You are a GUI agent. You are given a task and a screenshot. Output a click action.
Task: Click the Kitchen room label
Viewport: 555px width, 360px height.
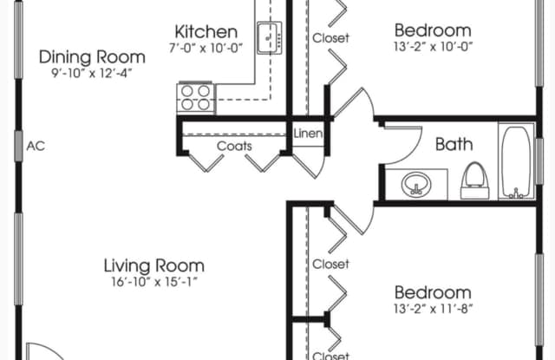[206, 32]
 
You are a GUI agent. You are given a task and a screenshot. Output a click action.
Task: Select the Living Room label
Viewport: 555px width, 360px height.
[154, 265]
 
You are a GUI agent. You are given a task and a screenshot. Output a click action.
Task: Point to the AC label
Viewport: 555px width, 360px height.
[36, 146]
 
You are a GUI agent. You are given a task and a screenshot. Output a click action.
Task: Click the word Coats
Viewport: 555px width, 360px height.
[234, 146]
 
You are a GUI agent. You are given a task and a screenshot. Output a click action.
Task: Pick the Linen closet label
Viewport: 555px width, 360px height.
[308, 134]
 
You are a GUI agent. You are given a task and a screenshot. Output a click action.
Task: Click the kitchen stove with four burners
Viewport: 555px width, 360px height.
[196, 97]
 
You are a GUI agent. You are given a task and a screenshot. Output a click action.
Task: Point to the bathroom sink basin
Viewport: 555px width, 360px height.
[415, 185]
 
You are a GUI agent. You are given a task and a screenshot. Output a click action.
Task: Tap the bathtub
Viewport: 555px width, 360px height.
[516, 161]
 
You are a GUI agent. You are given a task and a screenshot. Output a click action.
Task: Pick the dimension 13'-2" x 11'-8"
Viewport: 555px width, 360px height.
[433, 308]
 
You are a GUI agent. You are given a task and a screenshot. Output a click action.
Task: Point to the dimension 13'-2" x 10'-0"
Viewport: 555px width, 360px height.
[433, 47]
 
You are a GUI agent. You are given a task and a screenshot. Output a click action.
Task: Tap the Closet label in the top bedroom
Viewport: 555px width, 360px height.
[330, 37]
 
